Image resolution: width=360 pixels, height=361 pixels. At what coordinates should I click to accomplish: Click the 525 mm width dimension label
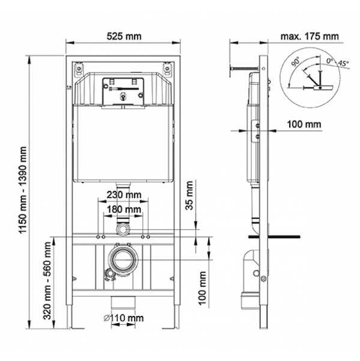pos(124,36)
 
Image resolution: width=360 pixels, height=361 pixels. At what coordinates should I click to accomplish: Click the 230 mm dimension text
pos(124,194)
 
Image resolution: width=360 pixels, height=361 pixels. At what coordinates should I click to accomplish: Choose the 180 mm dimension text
pos(124,209)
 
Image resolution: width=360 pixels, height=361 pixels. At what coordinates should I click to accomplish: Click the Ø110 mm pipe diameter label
pos(124,318)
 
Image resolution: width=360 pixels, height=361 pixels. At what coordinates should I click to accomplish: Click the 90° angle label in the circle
pos(295,62)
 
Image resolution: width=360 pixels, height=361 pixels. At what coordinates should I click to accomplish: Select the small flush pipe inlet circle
pos(124,229)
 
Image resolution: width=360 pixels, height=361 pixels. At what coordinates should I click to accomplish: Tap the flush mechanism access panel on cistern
pos(124,91)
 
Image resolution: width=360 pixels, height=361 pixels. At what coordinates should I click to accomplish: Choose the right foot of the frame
pos(175,326)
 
